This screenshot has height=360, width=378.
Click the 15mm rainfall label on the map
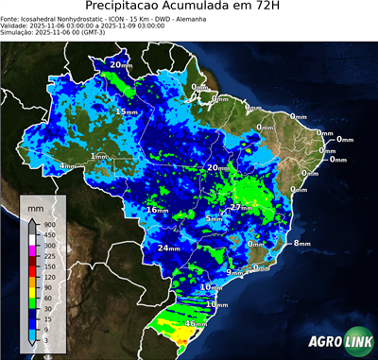coord(126,111)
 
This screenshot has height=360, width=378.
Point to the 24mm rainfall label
coord(168,248)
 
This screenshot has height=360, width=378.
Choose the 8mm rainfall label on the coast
coord(301,244)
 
